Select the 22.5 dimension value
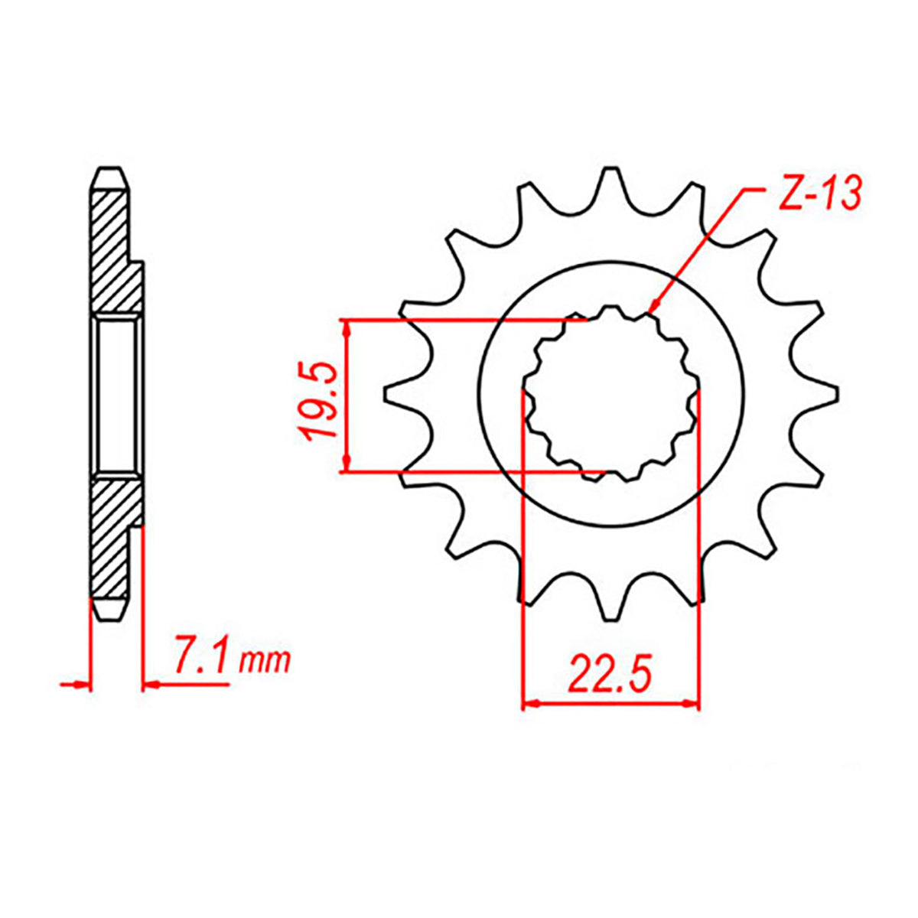pyautogui.click(x=610, y=674)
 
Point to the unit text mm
pyautogui.click(x=265, y=660)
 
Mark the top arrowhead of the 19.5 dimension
pyautogui.click(x=348, y=327)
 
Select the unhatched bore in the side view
pyautogui.click(x=116, y=396)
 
